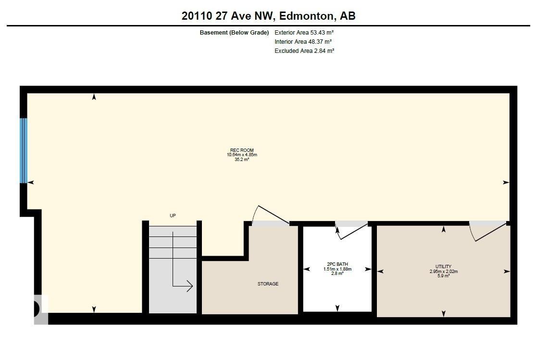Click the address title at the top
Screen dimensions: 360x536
(x=268, y=16)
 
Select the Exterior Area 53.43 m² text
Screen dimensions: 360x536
(x=304, y=33)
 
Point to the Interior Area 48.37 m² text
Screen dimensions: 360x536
(x=303, y=42)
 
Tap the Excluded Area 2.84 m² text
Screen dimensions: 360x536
(x=304, y=50)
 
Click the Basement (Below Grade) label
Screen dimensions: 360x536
(x=234, y=33)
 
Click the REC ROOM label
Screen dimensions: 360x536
(x=242, y=150)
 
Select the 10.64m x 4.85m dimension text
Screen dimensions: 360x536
(x=242, y=155)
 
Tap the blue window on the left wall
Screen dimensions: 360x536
(x=24, y=150)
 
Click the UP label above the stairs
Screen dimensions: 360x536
(x=173, y=216)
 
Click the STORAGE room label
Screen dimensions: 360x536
(x=268, y=284)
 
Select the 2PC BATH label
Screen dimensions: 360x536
(x=337, y=264)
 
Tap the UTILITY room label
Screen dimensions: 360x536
(x=443, y=267)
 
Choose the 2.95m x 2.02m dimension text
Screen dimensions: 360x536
(x=443, y=272)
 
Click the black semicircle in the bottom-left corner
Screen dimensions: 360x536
(x=37, y=309)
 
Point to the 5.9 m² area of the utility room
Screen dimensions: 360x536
(x=443, y=276)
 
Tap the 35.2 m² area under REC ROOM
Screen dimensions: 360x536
(x=242, y=159)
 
